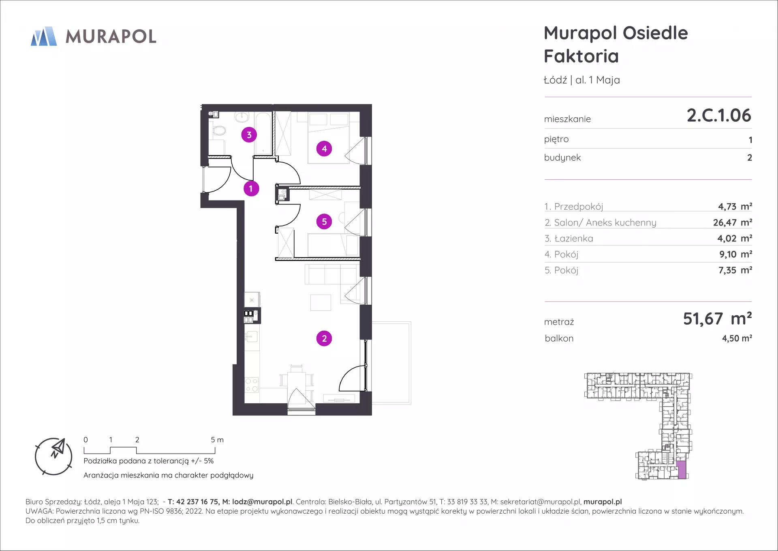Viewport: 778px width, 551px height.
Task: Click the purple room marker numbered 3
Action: coord(249,135)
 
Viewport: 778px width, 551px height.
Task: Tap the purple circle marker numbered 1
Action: coord(251,188)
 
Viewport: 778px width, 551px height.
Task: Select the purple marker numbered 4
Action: coord(324,149)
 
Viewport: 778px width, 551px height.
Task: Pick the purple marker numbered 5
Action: coord(324,222)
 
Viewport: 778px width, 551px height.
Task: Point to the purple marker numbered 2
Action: coord(324,338)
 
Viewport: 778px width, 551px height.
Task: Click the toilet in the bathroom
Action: coord(218,131)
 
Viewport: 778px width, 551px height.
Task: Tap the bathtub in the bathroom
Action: coord(263,133)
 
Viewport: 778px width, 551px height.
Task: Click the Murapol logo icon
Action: coord(44,36)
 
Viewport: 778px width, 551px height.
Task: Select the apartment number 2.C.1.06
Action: coord(719,115)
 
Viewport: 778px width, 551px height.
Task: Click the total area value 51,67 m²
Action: coord(717,319)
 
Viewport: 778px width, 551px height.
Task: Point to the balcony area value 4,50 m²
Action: coord(737,338)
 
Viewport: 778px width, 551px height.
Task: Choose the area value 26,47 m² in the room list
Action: coord(733,222)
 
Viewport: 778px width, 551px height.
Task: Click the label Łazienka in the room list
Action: coord(573,239)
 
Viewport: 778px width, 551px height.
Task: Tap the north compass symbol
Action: coord(53,456)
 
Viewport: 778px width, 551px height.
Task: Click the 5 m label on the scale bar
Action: coord(217,440)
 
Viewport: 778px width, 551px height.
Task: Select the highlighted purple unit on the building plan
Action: coord(682,470)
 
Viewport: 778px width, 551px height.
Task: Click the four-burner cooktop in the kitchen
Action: coord(252,384)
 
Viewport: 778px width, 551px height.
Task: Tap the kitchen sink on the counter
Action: coord(252,336)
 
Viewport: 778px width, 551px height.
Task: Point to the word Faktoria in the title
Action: coord(581,56)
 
